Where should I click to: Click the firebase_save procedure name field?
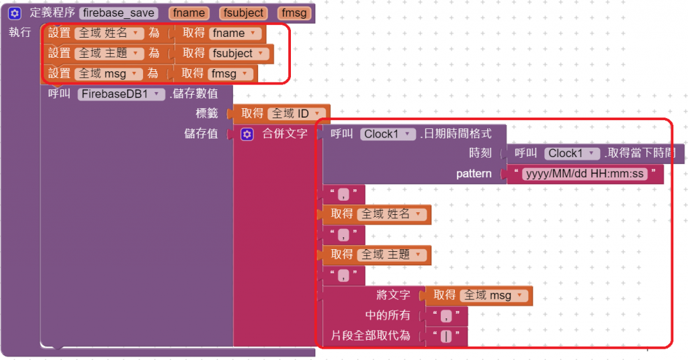click(x=119, y=13)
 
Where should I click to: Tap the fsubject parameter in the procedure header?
click(x=242, y=13)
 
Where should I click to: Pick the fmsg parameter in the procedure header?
click(x=294, y=13)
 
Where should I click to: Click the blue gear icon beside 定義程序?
click(x=15, y=13)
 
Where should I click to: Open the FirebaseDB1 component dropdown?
click(x=122, y=94)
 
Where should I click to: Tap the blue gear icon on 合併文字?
click(x=247, y=134)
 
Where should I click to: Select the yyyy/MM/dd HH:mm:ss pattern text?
click(x=583, y=175)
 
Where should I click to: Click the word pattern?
click(x=474, y=174)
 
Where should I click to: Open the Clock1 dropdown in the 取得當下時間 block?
click(x=571, y=153)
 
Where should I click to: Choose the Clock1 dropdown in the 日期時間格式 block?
click(x=388, y=134)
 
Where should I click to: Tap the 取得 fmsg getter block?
click(x=192, y=73)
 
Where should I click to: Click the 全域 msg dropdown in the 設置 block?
click(x=109, y=73)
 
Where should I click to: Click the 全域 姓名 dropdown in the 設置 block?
click(x=109, y=33)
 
